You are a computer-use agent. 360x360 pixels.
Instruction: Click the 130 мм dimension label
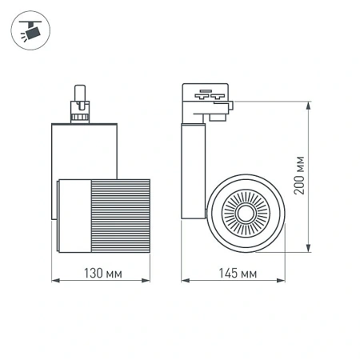[x=102, y=274]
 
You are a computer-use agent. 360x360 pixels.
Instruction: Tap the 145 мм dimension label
[x=238, y=274]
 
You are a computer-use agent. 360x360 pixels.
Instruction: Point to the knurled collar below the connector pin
[x=80, y=115]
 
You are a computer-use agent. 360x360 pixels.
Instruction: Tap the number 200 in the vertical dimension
[x=299, y=186]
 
